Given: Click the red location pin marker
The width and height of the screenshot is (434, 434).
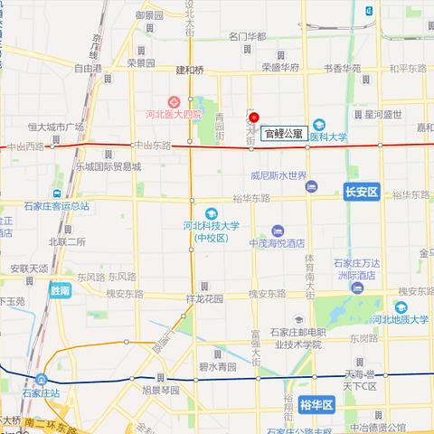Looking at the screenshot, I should click(254, 118).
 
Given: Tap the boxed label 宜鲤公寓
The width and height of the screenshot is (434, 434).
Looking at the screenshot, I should click(283, 133).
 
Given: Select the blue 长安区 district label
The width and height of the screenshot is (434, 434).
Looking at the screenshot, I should click(364, 191).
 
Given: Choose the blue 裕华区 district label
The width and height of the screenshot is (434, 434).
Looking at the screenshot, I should click(316, 406).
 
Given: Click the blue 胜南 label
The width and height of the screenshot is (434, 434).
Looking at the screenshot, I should click(61, 291).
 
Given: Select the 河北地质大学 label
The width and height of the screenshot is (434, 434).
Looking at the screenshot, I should click(397, 318).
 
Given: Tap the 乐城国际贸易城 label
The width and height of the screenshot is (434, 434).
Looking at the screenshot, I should click(108, 167).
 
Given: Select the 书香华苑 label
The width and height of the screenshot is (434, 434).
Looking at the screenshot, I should click(343, 68).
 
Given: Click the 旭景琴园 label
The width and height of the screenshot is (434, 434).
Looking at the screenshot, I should click(161, 391).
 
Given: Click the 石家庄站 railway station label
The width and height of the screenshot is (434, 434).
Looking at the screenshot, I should click(41, 393).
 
